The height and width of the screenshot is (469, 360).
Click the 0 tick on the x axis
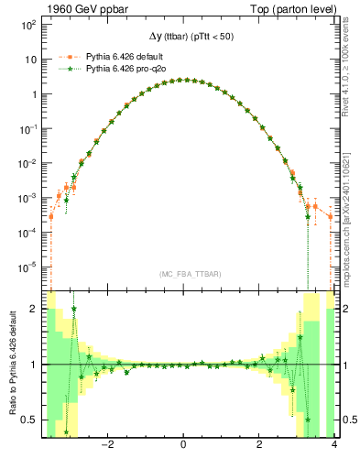(x=184, y=446)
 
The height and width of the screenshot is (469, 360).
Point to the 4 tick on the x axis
(x=334, y=446)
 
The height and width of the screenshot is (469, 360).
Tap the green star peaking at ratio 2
(x=73, y=310)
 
